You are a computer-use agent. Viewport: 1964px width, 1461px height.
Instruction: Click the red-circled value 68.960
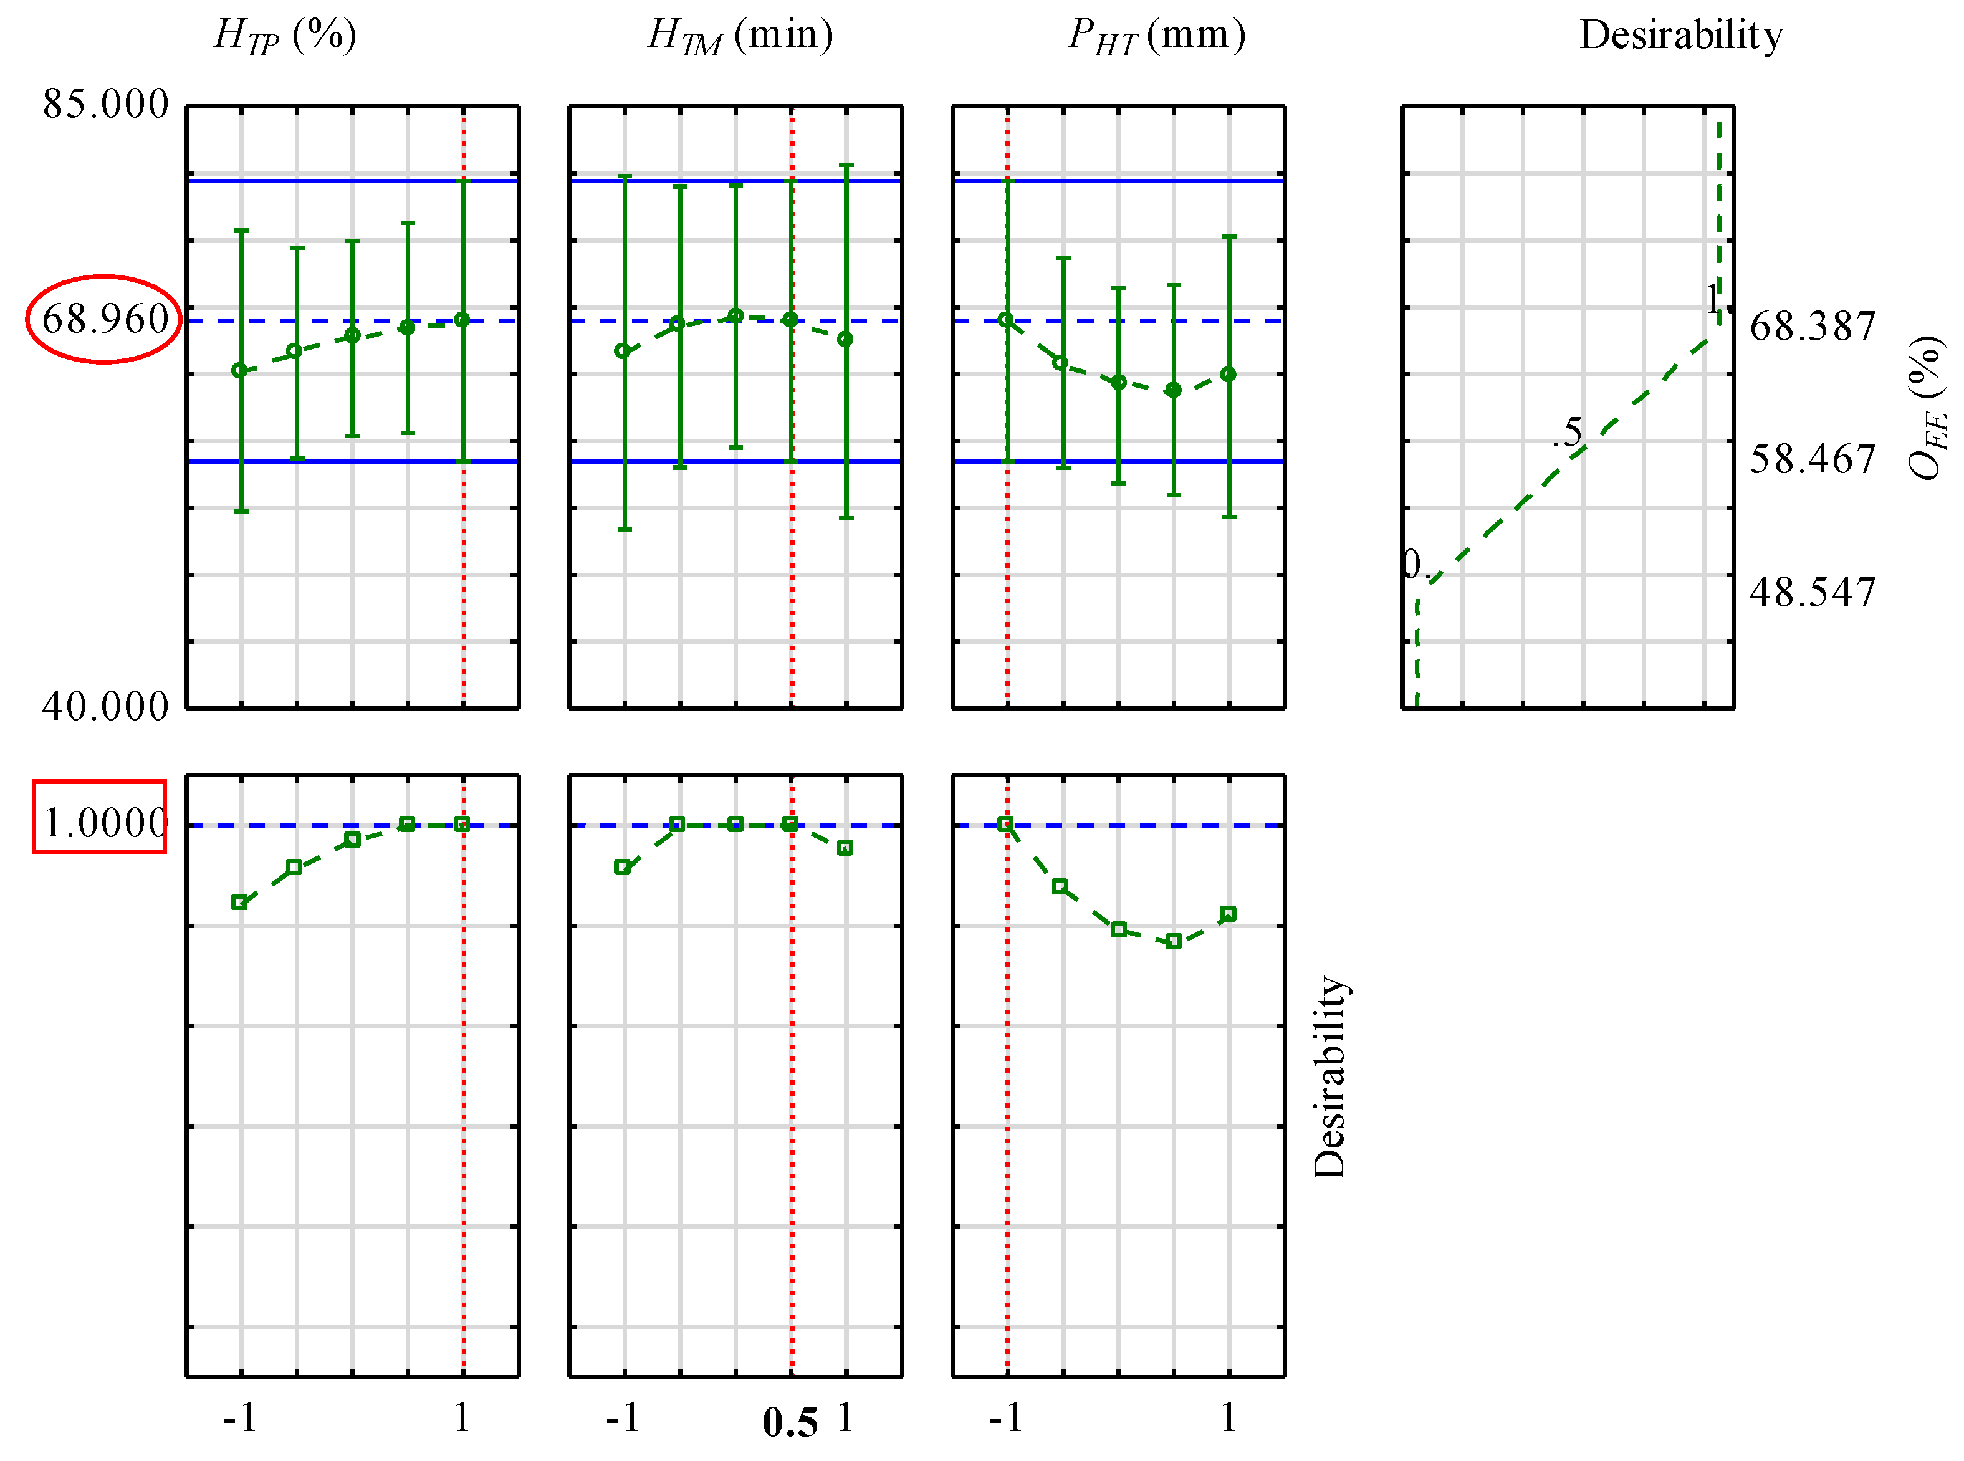tap(104, 319)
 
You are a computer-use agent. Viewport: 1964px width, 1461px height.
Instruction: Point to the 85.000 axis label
tap(105, 104)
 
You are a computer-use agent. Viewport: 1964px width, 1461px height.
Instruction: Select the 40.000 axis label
tap(105, 707)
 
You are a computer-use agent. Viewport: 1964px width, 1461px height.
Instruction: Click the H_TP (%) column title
tap(285, 36)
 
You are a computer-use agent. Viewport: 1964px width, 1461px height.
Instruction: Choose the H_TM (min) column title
tap(740, 36)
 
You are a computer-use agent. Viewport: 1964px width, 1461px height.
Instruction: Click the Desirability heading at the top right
tap(1680, 36)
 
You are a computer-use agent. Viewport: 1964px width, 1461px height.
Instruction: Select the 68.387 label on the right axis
tap(1812, 327)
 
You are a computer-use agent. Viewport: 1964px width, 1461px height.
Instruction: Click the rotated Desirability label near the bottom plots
tap(1329, 1077)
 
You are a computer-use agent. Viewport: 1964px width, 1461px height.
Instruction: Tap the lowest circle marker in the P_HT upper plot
tap(1174, 390)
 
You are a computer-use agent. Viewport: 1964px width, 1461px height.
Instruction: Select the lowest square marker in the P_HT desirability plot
tap(1174, 942)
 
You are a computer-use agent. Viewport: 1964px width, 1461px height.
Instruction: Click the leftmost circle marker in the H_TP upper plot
tap(239, 371)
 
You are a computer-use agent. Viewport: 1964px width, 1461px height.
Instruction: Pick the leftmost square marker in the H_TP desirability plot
tap(239, 902)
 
